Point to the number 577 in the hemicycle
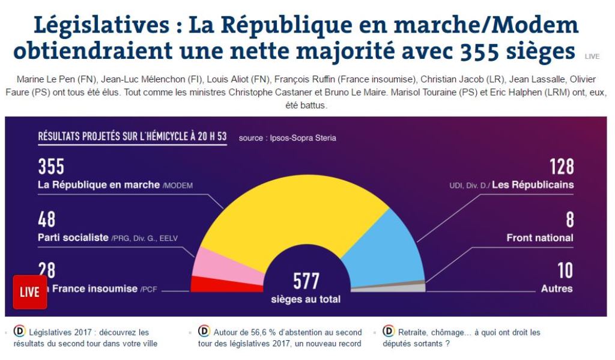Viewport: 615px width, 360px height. click(x=306, y=281)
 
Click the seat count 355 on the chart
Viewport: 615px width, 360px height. click(x=51, y=166)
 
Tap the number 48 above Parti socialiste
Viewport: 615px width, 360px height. click(x=47, y=219)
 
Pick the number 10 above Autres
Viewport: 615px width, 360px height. click(x=565, y=270)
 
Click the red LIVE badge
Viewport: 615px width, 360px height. click(x=29, y=292)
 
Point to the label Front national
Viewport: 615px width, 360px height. click(x=539, y=238)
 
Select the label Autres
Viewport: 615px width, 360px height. click(x=557, y=288)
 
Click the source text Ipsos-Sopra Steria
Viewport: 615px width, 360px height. click(x=287, y=138)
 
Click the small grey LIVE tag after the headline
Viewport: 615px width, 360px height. click(x=592, y=56)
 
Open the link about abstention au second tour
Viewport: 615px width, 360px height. click(x=280, y=338)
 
